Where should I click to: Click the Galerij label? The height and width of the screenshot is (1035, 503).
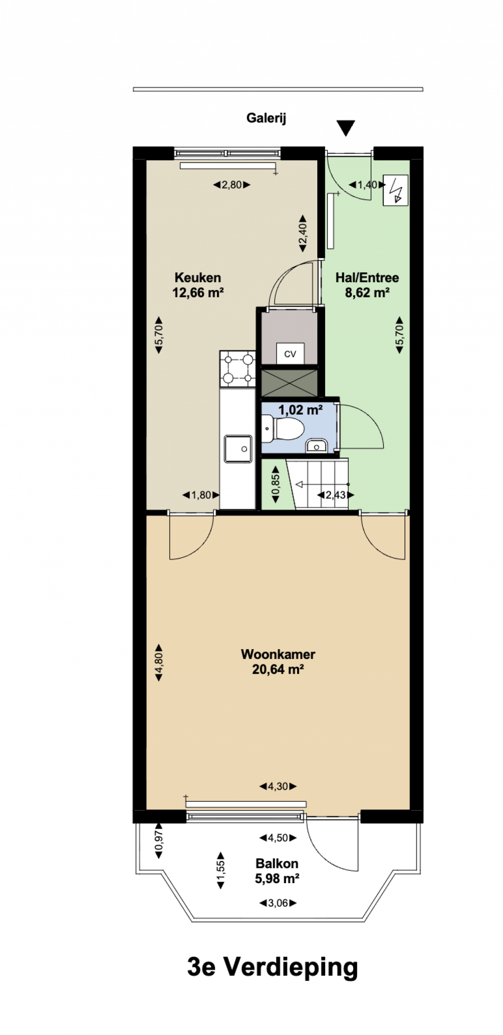coord(266,118)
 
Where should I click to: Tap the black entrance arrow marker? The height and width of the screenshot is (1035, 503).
coord(346,128)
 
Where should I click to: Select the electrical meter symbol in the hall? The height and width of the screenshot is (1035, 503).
coord(395,190)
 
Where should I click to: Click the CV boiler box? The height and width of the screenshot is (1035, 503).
coord(290,354)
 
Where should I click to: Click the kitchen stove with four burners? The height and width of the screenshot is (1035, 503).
coord(238,368)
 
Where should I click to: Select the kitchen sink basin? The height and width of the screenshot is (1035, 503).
coord(238,449)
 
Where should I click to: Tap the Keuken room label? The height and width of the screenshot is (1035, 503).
coord(198,278)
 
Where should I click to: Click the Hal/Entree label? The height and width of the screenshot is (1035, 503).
coord(367,278)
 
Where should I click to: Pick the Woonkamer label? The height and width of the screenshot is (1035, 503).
coord(278,654)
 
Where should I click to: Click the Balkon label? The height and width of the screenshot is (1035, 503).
coord(277,863)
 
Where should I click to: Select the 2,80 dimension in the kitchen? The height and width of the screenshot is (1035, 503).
coord(232,185)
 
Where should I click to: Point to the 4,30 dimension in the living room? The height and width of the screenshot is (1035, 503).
coord(278,786)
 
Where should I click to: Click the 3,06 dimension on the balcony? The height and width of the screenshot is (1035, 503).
coord(278,903)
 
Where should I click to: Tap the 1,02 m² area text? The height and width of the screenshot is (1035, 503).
coord(301,409)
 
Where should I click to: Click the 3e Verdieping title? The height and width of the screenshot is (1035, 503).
coord(273,967)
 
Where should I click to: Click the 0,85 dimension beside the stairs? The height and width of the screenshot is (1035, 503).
coord(276,484)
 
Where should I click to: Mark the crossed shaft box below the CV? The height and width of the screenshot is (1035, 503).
coord(289,383)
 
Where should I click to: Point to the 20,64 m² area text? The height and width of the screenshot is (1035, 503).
coord(278,669)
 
